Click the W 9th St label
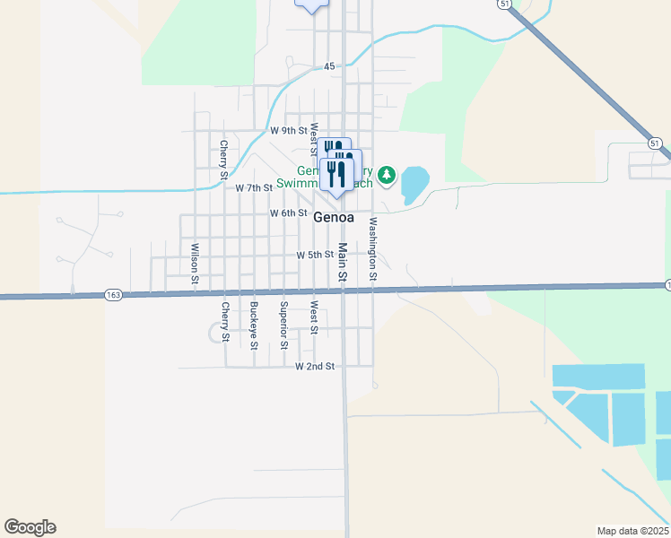click(x=289, y=130)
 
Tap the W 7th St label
click(x=254, y=188)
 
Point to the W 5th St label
click(x=315, y=255)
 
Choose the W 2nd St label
click(x=315, y=367)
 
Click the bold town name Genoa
click(x=334, y=217)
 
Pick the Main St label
click(x=343, y=263)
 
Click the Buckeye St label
click(x=255, y=325)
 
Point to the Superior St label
click(x=283, y=325)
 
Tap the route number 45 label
click(x=329, y=67)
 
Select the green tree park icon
click(x=387, y=174)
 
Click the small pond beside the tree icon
click(x=414, y=184)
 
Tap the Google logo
click(x=30, y=527)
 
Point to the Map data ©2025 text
click(x=632, y=531)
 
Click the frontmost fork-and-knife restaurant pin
click(x=337, y=173)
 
